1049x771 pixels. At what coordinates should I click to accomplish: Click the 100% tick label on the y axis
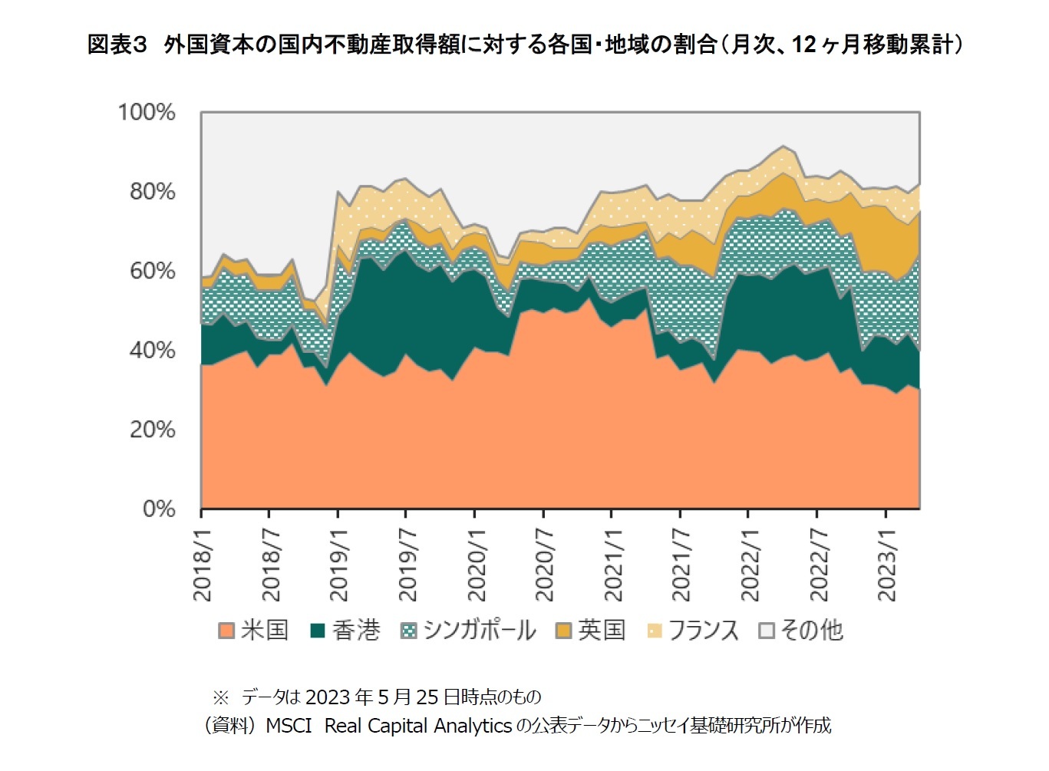147,112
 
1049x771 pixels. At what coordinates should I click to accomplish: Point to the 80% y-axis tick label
152,191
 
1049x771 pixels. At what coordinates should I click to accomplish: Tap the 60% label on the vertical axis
152,271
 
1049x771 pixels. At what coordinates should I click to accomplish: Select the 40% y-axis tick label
152,350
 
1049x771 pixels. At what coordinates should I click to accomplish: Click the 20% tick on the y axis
152,430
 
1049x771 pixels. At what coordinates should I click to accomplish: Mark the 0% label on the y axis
159,509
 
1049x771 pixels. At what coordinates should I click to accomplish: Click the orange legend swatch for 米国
226,631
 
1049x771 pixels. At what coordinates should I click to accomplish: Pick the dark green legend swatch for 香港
318,631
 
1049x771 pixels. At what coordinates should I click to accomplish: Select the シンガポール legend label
480,631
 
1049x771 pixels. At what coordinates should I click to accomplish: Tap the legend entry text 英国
602,631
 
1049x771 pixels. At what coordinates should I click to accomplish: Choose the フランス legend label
703,631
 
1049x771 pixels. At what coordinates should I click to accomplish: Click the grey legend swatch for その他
766,631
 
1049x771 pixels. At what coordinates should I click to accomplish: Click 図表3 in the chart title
117,44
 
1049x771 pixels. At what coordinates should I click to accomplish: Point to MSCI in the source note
289,726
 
